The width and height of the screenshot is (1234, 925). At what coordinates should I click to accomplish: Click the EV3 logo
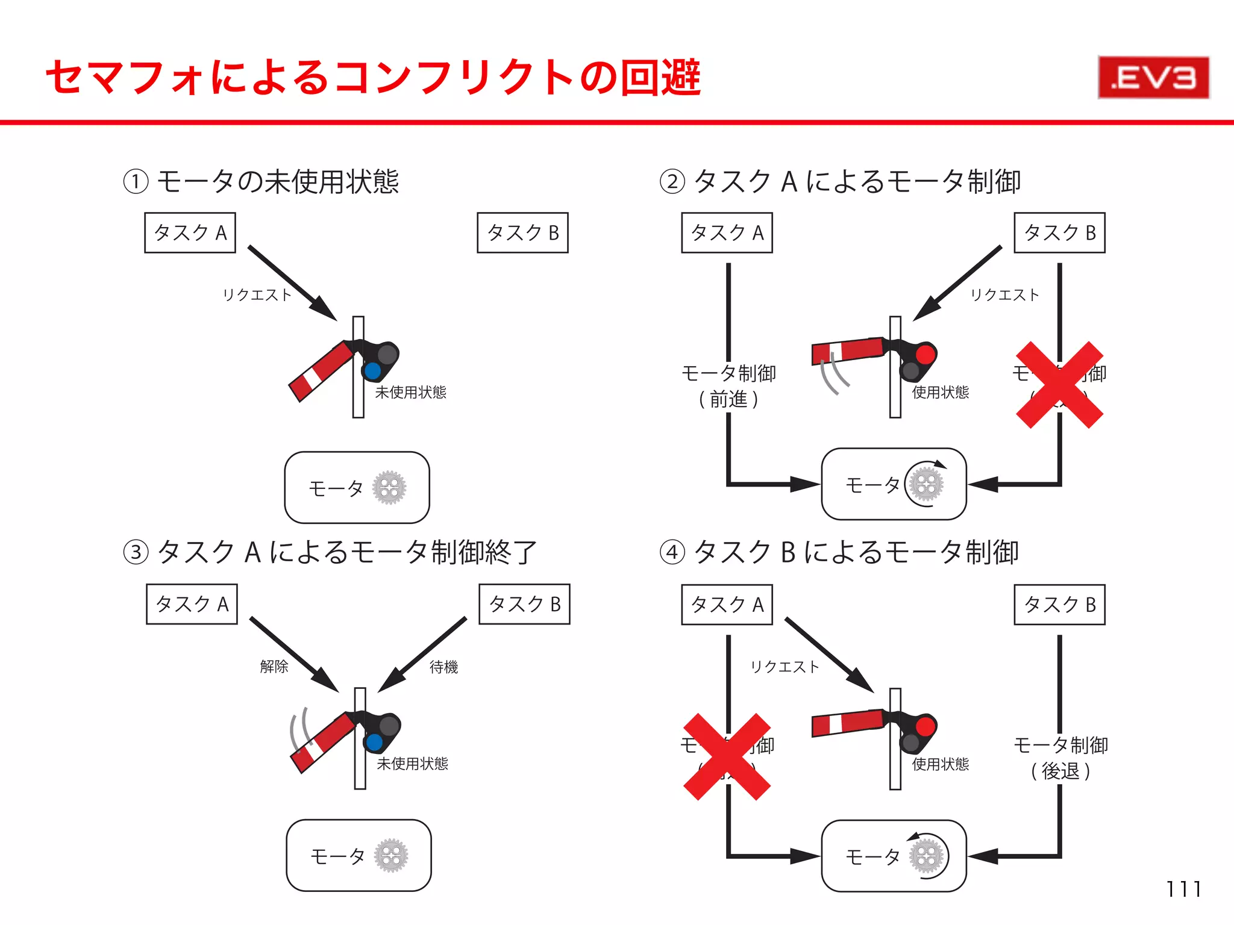(x=1153, y=78)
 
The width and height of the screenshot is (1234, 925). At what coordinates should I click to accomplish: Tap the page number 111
(x=1183, y=889)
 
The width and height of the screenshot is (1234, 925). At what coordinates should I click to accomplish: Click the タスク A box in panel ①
(x=190, y=232)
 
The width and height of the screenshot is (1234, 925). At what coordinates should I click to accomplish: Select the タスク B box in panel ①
(x=522, y=232)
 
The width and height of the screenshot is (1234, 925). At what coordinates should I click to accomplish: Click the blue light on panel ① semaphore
(x=372, y=370)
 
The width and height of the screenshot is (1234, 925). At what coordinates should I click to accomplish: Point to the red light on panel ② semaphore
(x=925, y=354)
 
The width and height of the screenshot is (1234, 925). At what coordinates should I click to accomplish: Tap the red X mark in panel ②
(x=1059, y=385)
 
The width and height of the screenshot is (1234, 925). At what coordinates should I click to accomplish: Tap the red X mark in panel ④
(x=727, y=756)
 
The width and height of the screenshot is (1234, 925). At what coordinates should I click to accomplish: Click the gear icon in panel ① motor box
(x=389, y=487)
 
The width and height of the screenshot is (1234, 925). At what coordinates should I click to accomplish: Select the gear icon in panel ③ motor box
(x=391, y=855)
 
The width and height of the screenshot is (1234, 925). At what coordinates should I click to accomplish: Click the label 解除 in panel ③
(x=274, y=666)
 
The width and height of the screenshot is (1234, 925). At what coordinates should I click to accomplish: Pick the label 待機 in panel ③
(x=443, y=667)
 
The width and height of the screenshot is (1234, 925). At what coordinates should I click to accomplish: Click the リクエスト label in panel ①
(x=257, y=294)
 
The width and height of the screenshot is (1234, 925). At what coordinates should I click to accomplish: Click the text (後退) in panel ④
(x=1060, y=771)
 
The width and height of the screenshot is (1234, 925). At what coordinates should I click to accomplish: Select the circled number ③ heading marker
(x=136, y=552)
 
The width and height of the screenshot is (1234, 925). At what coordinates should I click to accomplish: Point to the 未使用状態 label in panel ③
(x=412, y=764)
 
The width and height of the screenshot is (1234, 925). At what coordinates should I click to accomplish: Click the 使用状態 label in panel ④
(x=940, y=764)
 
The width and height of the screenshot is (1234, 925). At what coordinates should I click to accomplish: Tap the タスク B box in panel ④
(x=1059, y=604)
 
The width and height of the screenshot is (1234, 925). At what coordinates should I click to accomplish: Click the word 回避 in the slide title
(x=660, y=78)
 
